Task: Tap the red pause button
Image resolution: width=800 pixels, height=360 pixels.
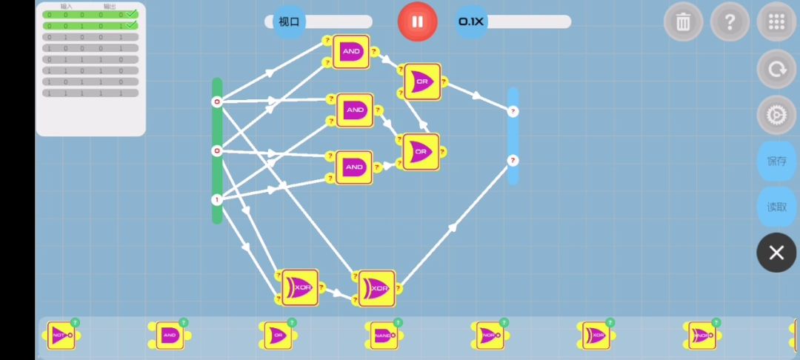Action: (417, 21)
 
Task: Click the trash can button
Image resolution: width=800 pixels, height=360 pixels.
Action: (683, 21)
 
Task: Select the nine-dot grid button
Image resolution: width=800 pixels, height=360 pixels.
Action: (776, 21)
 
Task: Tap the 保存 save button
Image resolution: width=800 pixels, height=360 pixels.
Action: (776, 161)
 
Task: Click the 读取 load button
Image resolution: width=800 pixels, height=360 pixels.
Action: (776, 207)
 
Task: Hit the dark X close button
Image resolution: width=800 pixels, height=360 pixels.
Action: (776, 253)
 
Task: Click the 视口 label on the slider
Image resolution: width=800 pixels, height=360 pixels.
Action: (289, 21)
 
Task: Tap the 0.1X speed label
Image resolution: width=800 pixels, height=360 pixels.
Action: (471, 21)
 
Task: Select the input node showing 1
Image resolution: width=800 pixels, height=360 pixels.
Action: (217, 199)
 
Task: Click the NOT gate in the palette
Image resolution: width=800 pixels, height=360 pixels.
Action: (61, 336)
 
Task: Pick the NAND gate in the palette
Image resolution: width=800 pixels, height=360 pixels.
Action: (383, 336)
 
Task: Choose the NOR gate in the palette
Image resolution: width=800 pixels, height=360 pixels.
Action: (490, 336)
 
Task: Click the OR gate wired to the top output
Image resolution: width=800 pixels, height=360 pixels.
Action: (422, 81)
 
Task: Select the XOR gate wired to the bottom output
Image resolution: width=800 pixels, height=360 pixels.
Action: (378, 288)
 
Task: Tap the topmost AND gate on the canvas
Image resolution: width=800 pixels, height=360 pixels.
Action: (351, 52)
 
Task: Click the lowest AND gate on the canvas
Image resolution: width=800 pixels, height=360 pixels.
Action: (354, 167)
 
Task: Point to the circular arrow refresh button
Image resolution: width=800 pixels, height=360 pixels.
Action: (776, 69)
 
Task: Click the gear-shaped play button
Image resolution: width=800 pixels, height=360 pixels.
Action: (776, 115)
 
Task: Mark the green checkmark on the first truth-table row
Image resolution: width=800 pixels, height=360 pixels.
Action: (131, 14)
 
